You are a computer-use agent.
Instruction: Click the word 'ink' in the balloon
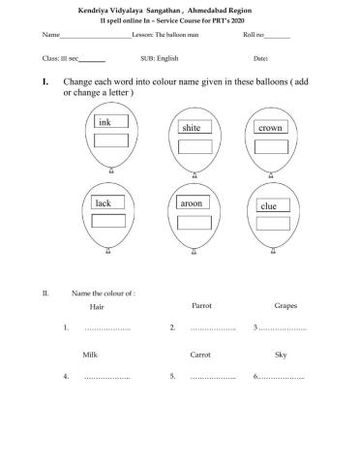[x=106, y=123]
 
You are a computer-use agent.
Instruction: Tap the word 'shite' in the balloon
[x=192, y=127]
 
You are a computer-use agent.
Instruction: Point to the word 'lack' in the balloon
[x=104, y=202]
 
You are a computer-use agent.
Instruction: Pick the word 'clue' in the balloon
[x=270, y=206]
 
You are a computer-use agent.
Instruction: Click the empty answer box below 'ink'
[x=111, y=141]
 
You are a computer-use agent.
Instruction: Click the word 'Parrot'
[x=201, y=305]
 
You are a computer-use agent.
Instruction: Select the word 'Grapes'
[x=285, y=305]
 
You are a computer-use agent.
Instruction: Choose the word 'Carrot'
[x=200, y=355]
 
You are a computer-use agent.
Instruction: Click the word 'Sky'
[x=281, y=355]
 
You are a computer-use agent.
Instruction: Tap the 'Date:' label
[x=260, y=59]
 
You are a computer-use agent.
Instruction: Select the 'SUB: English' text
[x=160, y=59]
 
